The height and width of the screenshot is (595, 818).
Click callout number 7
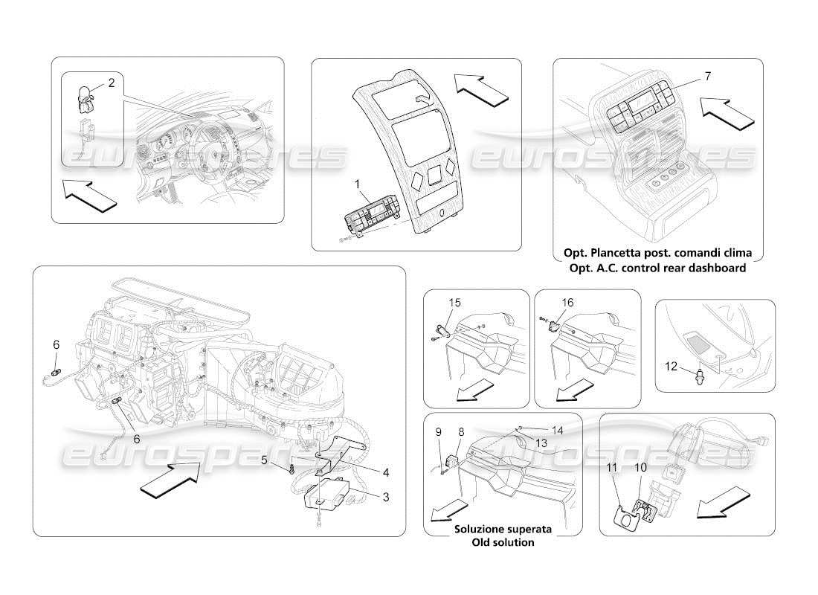[x=707, y=77]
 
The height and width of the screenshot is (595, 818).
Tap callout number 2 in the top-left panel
[x=111, y=83]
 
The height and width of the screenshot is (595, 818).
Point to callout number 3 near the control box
[x=384, y=498]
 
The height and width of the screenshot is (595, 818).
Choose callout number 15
[x=455, y=303]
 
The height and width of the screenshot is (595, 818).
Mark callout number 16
[x=567, y=303]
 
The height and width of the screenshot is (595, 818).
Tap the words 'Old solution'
[x=503, y=542]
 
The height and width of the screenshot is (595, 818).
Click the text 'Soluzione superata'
[x=503, y=529]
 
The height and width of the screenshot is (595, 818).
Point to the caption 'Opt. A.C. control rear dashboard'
[x=657, y=268]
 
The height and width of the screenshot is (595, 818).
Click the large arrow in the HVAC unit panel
[x=170, y=477]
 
